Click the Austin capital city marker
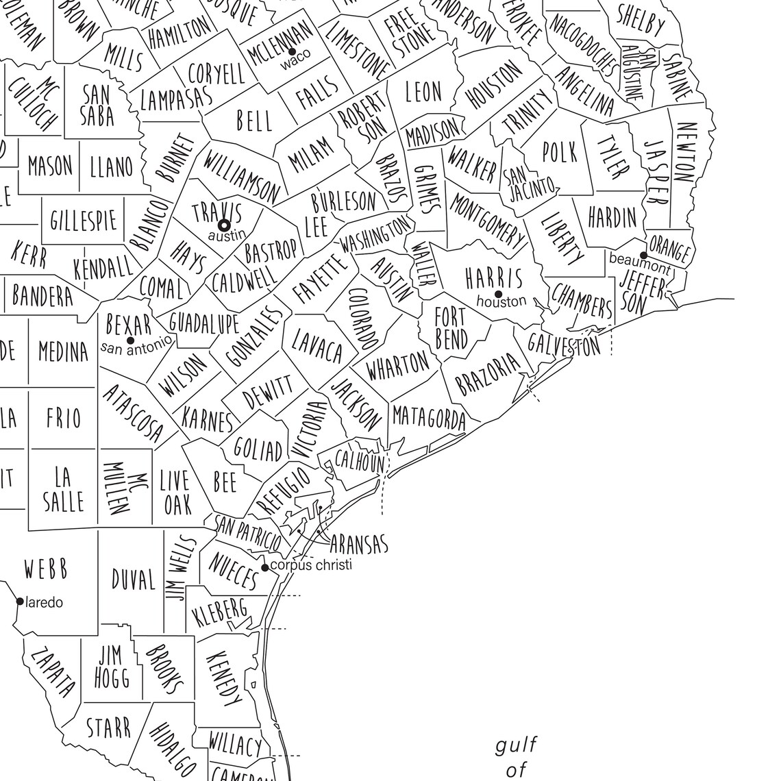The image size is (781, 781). pos(223,224)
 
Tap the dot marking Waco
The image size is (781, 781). pos(292,52)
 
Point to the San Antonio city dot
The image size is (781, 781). pos(130,340)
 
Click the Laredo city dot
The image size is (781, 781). pos(20,602)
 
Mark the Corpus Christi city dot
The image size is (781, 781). pos(265,567)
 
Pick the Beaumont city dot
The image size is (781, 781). pos(643,255)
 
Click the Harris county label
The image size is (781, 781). pos(494,277)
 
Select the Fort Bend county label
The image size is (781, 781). pos(451,328)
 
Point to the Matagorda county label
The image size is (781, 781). pos(428,417)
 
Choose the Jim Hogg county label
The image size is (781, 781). pos(112,665)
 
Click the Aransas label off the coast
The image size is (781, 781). pos(358,545)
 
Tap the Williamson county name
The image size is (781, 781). pos(242,177)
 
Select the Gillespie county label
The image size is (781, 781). pos(84,221)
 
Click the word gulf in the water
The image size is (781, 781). pos(517,744)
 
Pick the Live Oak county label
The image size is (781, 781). pos(176,493)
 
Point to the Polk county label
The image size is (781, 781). pos(560,152)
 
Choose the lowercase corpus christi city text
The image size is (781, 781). pos(311,565)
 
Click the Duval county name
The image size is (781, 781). pos(134,580)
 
